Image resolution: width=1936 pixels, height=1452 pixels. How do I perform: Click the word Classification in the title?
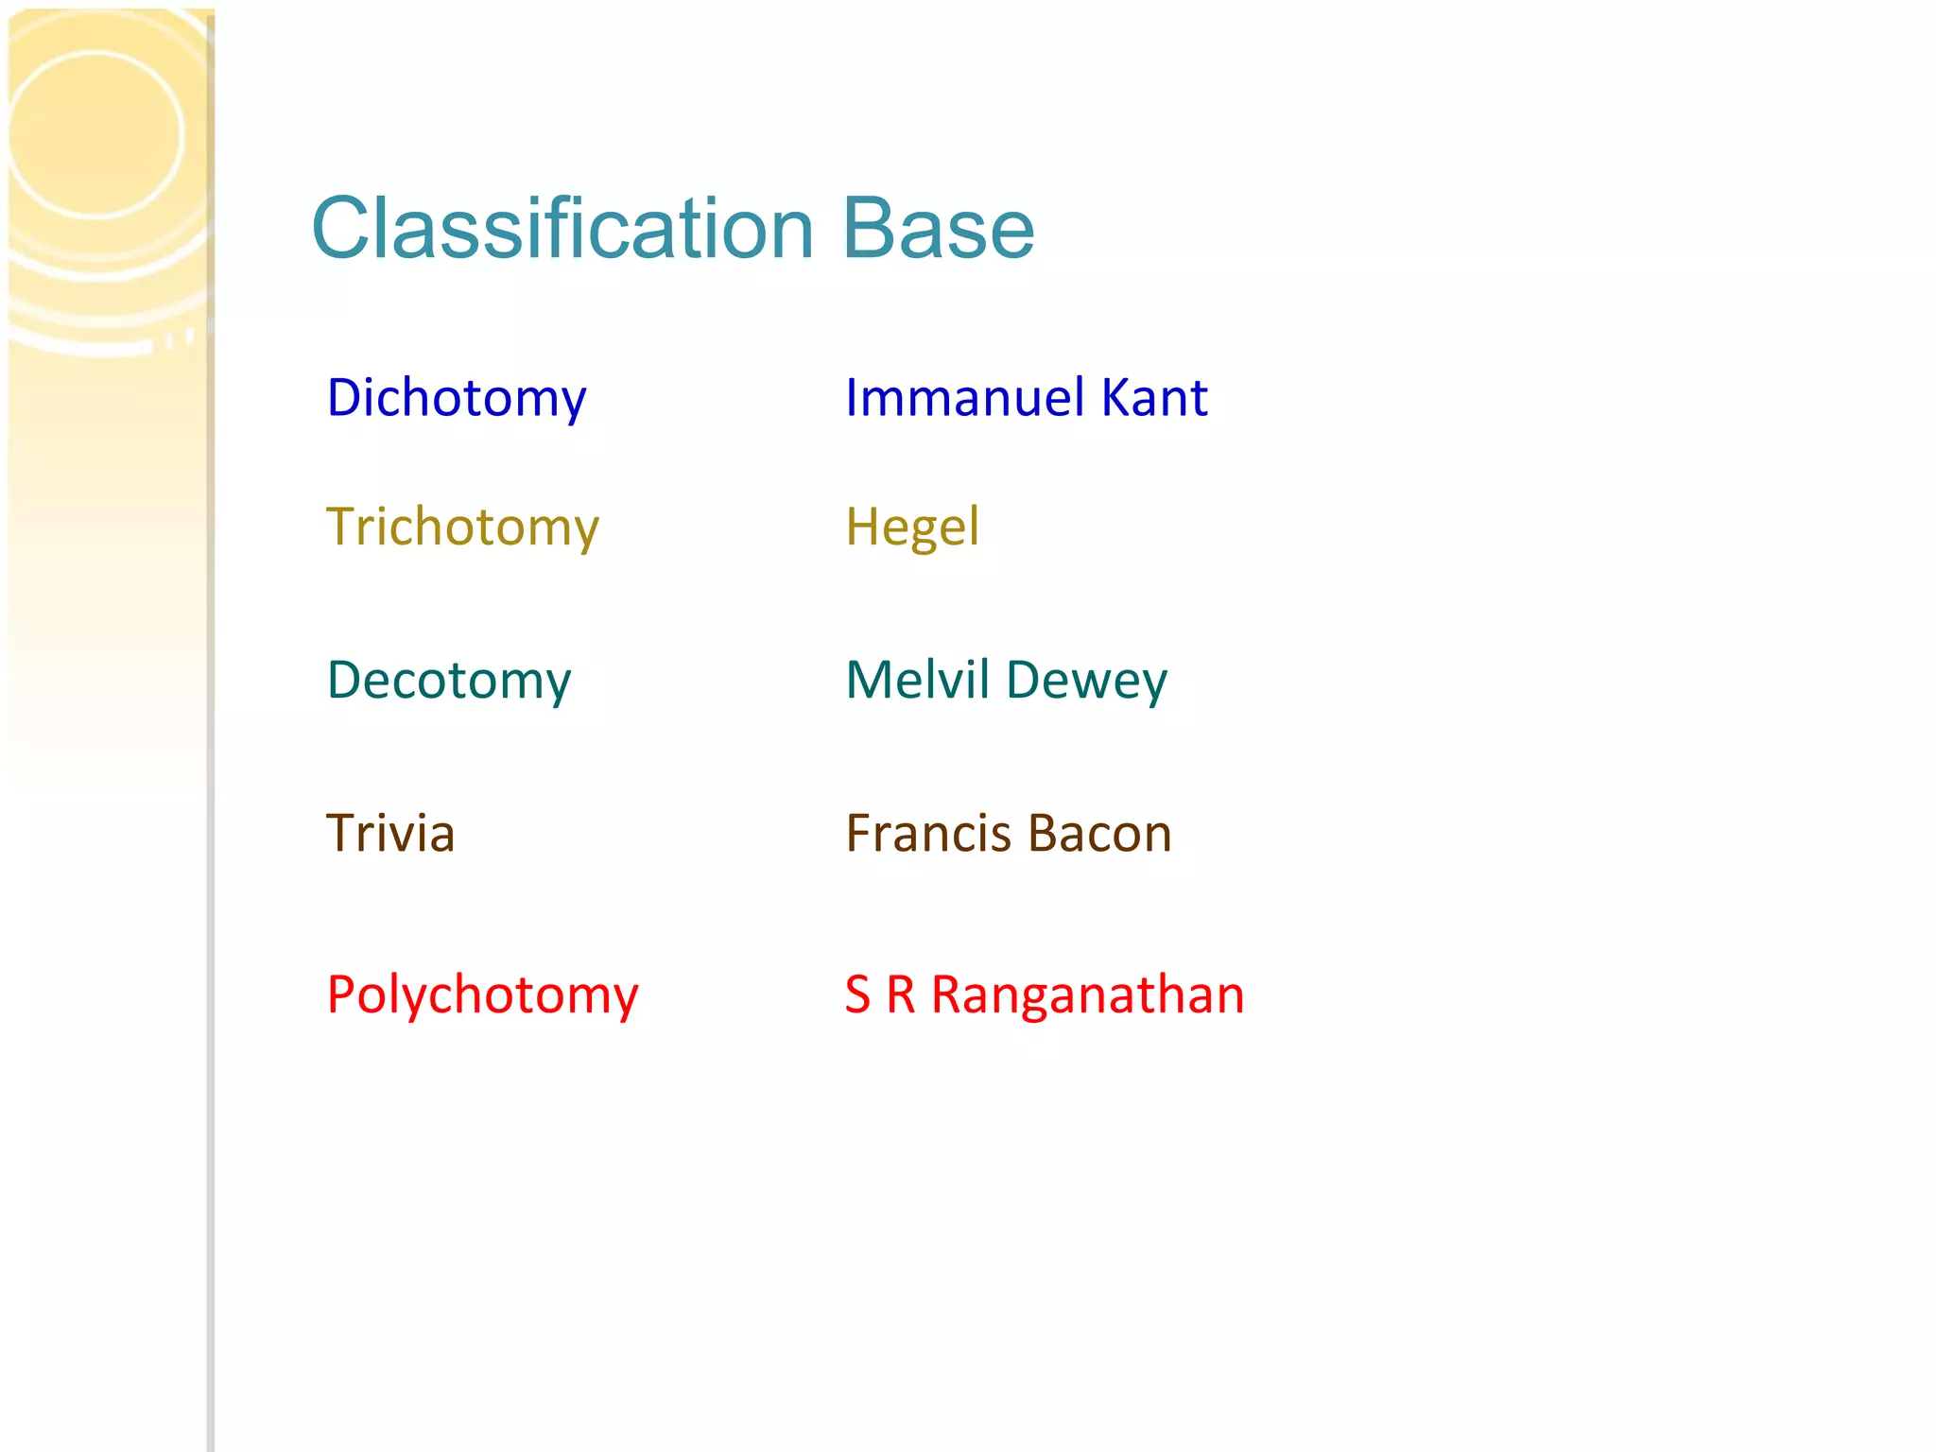(x=562, y=229)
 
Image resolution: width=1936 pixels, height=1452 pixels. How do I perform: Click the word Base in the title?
(x=938, y=229)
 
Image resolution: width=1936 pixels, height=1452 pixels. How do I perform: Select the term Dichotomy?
(x=457, y=398)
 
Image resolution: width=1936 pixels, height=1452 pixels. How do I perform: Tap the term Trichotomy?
(x=462, y=527)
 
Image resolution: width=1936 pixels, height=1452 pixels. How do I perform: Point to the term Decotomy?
(x=449, y=681)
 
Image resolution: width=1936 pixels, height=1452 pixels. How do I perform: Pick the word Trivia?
(x=390, y=834)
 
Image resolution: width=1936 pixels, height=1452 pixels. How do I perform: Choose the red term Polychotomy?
(x=482, y=995)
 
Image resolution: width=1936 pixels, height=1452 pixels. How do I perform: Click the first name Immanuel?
(x=964, y=397)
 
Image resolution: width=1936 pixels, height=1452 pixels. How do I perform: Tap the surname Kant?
(x=1154, y=397)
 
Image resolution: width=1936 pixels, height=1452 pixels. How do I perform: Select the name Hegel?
(x=912, y=527)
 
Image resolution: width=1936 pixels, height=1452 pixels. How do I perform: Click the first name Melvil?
(x=917, y=680)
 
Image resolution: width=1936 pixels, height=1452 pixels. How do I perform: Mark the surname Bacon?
(x=1099, y=834)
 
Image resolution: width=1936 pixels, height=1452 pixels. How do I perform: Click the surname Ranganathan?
(x=1087, y=995)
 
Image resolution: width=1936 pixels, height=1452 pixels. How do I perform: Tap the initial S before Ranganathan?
(x=857, y=995)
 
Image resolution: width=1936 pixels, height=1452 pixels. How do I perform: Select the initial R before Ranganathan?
(x=901, y=995)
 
